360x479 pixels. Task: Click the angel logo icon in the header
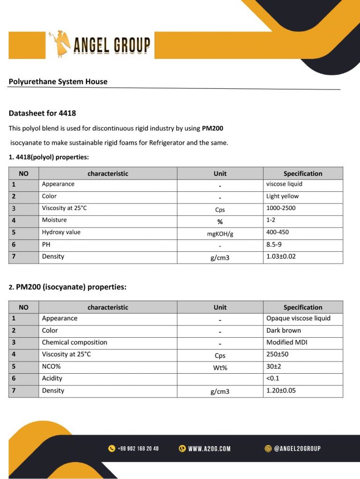tap(59, 44)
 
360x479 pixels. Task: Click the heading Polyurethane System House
tap(58, 81)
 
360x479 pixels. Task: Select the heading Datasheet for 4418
tap(42, 113)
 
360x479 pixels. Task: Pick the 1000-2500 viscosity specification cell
tap(281, 208)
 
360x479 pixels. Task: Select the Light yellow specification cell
tap(282, 196)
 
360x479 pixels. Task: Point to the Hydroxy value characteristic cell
tap(61, 232)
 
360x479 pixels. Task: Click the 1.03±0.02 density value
tap(281, 256)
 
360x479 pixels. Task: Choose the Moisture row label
tap(54, 220)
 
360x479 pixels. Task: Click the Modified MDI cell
tap(287, 342)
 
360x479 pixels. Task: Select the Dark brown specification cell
tap(284, 330)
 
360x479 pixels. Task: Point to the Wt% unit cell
tap(220, 368)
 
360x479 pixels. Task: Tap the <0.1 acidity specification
tap(272, 378)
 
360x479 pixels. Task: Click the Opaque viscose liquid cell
tap(298, 318)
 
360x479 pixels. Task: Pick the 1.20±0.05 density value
tap(281, 391)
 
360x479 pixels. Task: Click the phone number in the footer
tap(138, 449)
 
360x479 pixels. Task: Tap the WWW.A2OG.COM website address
tap(209, 449)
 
